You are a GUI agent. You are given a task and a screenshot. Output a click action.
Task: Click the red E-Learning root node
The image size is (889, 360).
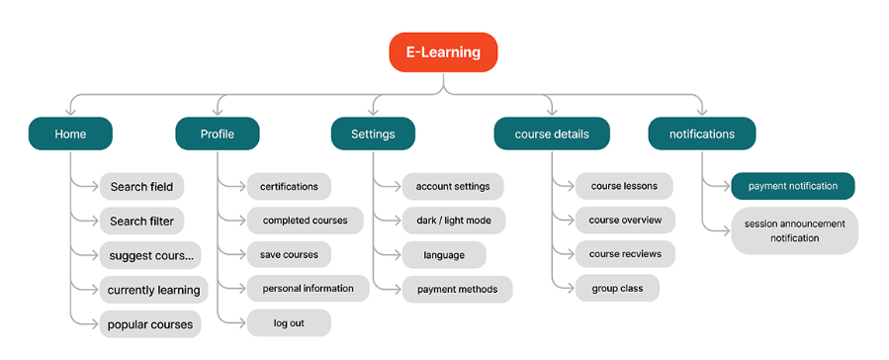coord(443,52)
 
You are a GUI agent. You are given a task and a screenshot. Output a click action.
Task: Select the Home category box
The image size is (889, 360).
coord(70,134)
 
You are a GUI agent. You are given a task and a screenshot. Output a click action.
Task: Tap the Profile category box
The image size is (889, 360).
coord(218,134)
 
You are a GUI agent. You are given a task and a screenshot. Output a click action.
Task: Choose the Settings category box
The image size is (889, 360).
coord(373,134)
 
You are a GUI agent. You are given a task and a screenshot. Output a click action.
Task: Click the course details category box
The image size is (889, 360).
coord(552,134)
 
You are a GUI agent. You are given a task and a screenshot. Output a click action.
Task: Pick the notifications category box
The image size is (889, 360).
coord(702,134)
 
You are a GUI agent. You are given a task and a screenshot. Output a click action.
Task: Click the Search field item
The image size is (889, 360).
coord(141,187)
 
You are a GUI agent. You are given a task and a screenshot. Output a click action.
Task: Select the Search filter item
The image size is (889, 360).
coord(141,222)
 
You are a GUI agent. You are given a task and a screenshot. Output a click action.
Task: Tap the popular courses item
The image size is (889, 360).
coord(150,324)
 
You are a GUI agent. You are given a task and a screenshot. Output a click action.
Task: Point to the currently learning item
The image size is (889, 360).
coord(153,290)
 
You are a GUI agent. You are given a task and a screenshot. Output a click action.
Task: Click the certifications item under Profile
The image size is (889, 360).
coord(289,187)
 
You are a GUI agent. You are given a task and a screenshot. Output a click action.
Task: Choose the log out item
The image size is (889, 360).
coord(289,323)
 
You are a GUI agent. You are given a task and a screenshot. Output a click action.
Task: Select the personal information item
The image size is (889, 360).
coord(308,289)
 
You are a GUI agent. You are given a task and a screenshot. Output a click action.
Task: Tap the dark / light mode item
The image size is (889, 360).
coord(454,221)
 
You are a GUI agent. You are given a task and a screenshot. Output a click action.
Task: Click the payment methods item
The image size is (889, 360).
coord(458,289)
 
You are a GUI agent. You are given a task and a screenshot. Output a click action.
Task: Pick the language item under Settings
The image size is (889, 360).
coord(444,255)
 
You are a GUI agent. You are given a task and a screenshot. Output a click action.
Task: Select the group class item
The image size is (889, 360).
coord(617,288)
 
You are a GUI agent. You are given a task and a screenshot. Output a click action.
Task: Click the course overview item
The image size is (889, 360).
coord(625,220)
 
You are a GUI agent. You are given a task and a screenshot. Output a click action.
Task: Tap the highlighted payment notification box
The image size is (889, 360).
coord(793,186)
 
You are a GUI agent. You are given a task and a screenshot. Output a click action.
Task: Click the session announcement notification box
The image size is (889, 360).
coord(794,230)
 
